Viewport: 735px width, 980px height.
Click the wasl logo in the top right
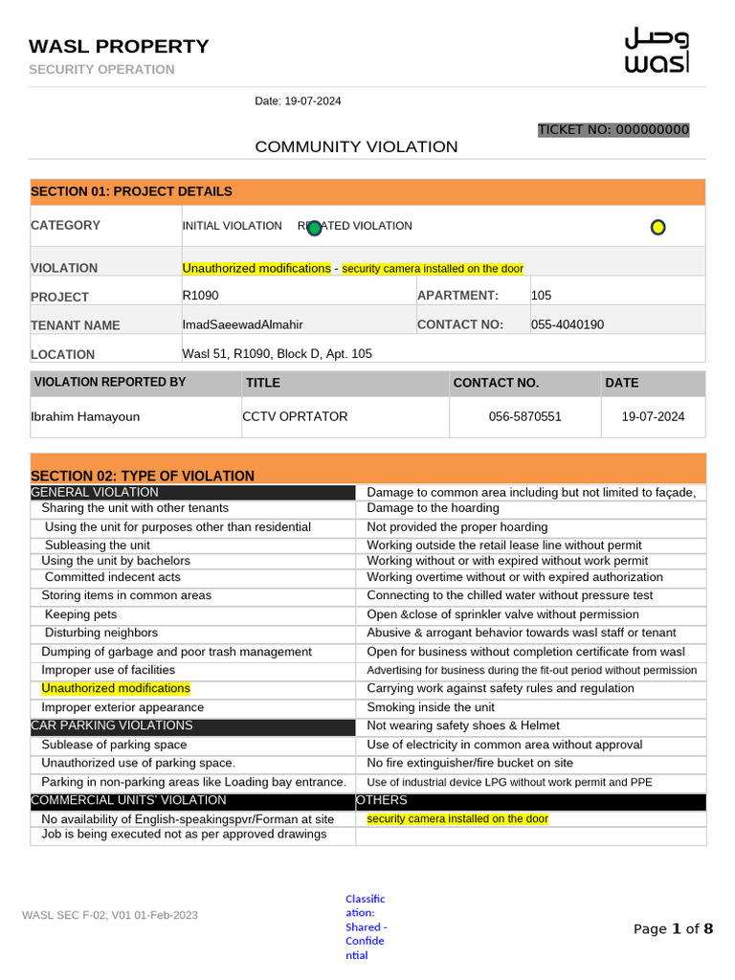tap(657, 51)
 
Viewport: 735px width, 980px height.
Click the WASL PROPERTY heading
tap(119, 46)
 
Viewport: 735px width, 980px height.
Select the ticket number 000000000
tap(612, 129)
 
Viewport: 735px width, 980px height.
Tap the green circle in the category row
tap(313, 228)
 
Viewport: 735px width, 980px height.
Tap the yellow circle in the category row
tap(657, 227)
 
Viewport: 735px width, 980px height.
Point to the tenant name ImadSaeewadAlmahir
tap(242, 324)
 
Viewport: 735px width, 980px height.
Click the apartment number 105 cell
tap(542, 296)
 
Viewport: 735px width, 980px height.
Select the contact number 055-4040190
tap(568, 324)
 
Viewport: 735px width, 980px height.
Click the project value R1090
tap(200, 296)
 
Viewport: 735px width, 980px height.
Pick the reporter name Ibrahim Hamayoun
tap(85, 416)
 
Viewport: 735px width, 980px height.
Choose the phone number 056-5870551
tap(524, 416)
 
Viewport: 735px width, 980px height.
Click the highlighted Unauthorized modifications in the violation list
tap(116, 688)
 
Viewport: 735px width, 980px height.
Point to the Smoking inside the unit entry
tap(431, 707)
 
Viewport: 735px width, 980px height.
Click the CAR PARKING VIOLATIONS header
tap(112, 725)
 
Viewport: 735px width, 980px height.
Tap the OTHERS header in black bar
tap(382, 800)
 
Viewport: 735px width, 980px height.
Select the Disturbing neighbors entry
tap(101, 633)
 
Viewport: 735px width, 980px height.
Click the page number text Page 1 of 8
tap(673, 928)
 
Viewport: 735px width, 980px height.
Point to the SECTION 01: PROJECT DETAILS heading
tap(131, 191)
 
